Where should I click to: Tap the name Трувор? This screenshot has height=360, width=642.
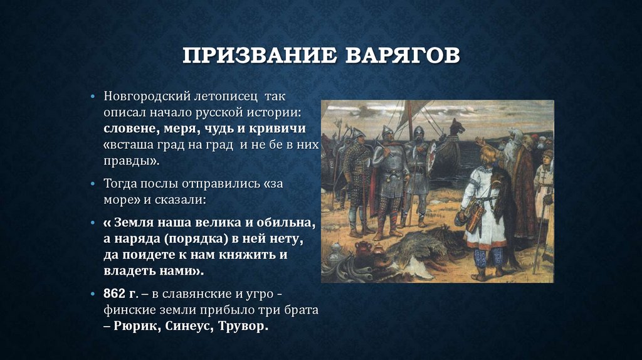pos(243,326)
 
